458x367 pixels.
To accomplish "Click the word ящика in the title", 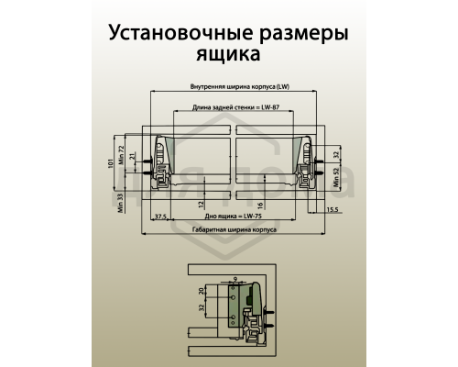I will coord(228,54).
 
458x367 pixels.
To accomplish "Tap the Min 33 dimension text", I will coord(122,203).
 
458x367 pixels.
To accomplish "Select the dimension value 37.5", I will coord(159,216).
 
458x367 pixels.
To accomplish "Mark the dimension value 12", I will coord(202,203).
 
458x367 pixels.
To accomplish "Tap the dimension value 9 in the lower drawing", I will coord(235,278).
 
